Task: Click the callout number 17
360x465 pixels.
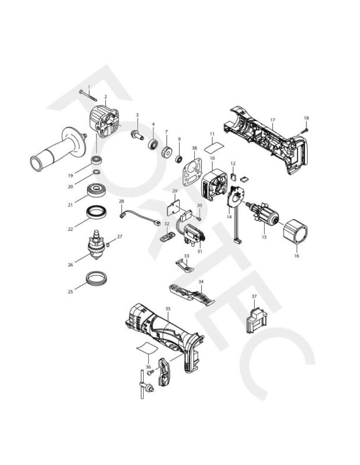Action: click(x=272, y=120)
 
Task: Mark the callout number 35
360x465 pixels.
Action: click(x=167, y=309)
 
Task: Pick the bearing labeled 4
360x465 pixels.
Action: click(x=154, y=142)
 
